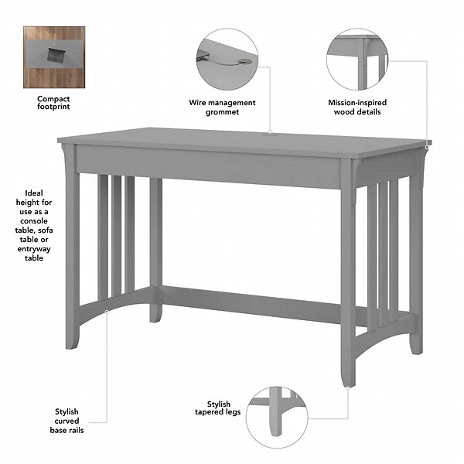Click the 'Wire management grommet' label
point(222,107)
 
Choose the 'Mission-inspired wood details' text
point(357,107)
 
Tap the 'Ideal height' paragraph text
point(33,225)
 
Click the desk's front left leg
point(72,255)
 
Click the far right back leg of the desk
point(416,255)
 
